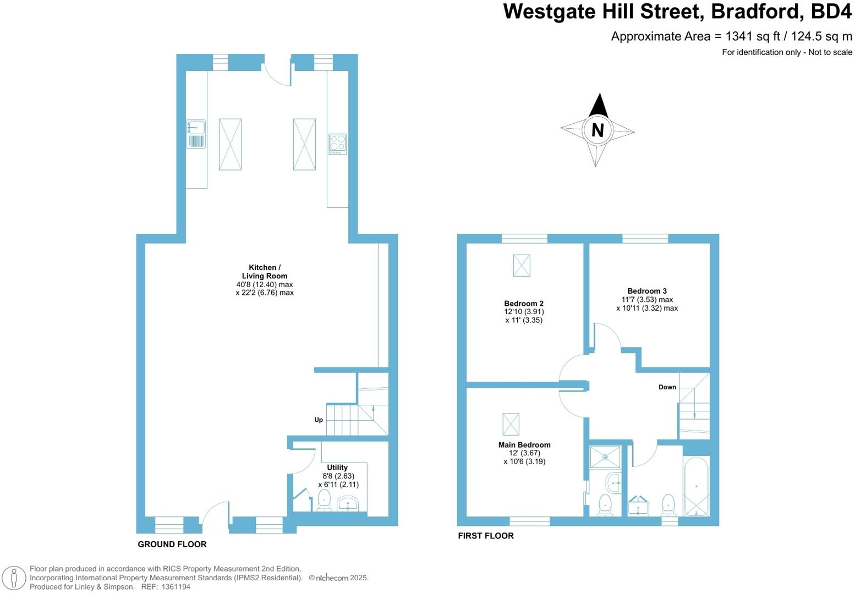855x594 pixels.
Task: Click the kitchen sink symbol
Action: tap(196, 134)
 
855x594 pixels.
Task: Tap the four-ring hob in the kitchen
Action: tap(337, 144)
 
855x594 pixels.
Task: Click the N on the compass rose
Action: tap(598, 130)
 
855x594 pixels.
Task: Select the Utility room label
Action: tap(337, 468)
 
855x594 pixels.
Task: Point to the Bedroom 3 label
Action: tap(646, 291)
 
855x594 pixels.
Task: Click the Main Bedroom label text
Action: tap(524, 445)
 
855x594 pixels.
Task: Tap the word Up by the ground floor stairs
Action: tap(319, 420)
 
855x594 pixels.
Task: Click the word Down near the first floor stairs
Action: tap(667, 387)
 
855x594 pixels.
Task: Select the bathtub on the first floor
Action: tap(696, 486)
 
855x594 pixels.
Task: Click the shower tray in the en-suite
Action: tap(605, 457)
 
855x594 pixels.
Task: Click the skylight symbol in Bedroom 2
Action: tap(522, 265)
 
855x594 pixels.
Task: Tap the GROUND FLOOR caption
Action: tap(172, 544)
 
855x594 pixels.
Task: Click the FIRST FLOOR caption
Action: tap(486, 536)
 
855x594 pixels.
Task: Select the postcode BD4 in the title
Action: tap(831, 11)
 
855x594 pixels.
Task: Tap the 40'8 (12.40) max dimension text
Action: tap(264, 284)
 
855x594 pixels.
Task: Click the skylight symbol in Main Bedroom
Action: tap(511, 424)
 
